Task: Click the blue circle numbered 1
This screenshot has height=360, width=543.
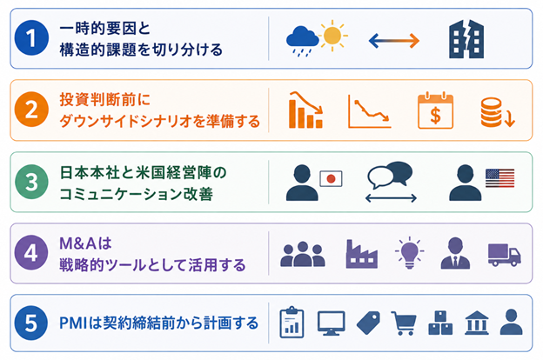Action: pos(31,38)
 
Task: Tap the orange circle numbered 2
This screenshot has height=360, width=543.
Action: pos(31,110)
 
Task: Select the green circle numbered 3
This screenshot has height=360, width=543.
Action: pos(31,182)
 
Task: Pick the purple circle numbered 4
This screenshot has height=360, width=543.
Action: pos(31,253)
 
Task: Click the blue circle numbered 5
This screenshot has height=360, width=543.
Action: pos(31,323)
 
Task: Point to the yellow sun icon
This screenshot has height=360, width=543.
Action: pos(332,35)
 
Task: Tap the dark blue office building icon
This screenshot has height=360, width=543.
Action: pos(466,39)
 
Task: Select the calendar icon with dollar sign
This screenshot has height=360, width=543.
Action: pos(435,110)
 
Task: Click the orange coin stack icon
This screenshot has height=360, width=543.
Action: pos(493,112)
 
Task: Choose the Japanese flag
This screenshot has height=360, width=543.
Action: pos(331,178)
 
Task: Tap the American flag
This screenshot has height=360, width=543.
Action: pos(499,178)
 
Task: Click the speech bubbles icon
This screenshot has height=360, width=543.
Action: pos(390,174)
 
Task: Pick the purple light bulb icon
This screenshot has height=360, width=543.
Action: pos(409,253)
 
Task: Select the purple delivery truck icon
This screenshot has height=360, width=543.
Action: pos(504,255)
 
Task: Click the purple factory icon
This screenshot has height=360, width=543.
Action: pos(361,254)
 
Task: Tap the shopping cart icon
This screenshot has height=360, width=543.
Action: pos(404,323)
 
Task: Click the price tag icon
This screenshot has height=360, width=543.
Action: pos(368,323)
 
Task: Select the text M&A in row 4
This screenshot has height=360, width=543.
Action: pos(78,243)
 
